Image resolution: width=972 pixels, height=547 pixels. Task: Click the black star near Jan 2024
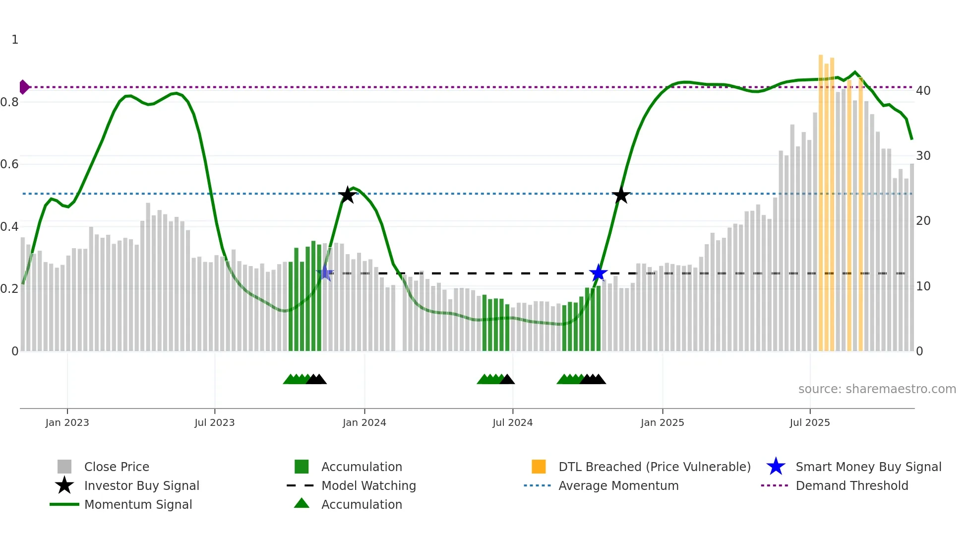tap(348, 195)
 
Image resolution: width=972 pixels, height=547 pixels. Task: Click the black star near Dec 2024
tap(621, 195)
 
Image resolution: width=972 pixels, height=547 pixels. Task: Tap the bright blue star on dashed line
tap(598, 273)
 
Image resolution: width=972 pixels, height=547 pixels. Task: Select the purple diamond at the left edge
tap(24, 87)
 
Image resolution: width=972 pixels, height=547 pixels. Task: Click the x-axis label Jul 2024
tap(512, 422)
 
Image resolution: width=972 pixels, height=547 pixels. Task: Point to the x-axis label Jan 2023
tap(67, 422)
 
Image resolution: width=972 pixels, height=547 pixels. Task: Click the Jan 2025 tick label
tap(662, 422)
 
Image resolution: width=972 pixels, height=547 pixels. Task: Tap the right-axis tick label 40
tap(923, 91)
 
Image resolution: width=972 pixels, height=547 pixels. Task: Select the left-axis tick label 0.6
tap(9, 164)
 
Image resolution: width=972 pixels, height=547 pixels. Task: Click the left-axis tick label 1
tap(15, 40)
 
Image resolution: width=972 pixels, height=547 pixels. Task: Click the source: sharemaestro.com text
tap(877, 389)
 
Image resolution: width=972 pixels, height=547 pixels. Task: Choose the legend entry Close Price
tap(117, 467)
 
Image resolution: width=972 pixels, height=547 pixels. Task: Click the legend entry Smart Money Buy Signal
tap(868, 467)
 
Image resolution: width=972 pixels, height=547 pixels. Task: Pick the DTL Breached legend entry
tap(654, 467)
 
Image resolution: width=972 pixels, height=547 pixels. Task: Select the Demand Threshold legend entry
tap(851, 485)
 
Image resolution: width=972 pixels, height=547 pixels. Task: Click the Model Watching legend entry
tap(368, 485)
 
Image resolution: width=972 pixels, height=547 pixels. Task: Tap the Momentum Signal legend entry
tap(138, 504)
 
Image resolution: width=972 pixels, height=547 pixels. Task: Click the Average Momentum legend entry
tap(618, 485)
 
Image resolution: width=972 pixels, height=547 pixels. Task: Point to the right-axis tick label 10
tap(923, 286)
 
